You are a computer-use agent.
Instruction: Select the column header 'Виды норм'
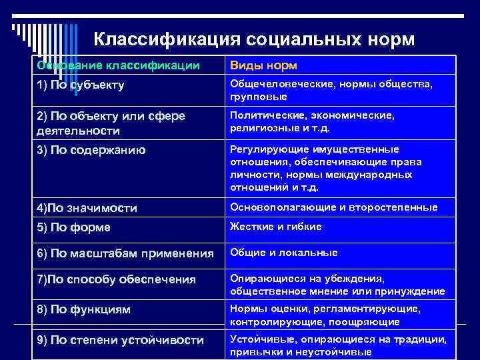coord(263,65)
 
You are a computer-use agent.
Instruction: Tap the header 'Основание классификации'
coord(118,65)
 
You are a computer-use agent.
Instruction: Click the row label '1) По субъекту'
coord(81,85)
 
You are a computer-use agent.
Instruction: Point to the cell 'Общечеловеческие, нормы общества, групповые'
coord(331,91)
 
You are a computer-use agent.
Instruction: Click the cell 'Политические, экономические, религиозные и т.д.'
coord(312,121)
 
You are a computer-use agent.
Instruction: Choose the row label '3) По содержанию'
coord(91,150)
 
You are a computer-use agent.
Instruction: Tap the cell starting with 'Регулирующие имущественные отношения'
coord(326,168)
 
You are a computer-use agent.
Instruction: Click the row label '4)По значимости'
coord(87,209)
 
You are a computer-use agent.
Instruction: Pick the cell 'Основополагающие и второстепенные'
coord(334,207)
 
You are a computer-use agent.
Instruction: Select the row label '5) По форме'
coord(73,227)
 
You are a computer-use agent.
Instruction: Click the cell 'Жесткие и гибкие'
coord(276,227)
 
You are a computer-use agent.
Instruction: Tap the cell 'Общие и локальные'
coord(284,253)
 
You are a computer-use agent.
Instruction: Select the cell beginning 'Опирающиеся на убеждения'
coord(336,285)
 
